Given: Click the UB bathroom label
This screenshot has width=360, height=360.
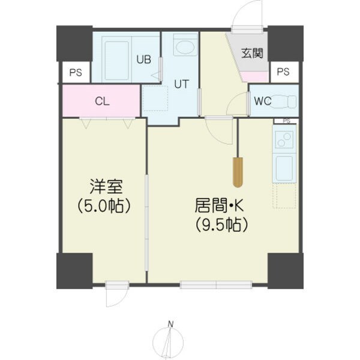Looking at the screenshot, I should (x=143, y=59).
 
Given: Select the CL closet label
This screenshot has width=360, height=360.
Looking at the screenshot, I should (x=102, y=101).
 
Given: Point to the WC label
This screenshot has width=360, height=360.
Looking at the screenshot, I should (x=262, y=101).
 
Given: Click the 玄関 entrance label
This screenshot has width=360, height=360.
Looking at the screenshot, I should (x=253, y=53).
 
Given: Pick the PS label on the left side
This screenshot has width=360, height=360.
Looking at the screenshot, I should (x=75, y=73).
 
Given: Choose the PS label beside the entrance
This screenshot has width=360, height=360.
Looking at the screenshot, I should (x=283, y=72).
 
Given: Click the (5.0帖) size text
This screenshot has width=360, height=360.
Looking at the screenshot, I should (x=104, y=206).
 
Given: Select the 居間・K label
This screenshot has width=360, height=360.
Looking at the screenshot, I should (x=220, y=205).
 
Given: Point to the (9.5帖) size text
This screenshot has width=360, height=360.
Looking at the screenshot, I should (x=221, y=225).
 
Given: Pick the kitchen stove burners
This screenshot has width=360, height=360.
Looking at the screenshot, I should (x=283, y=140).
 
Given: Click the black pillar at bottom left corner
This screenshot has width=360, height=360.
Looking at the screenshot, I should (x=74, y=271).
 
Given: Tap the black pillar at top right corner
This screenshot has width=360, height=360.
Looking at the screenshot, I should (x=285, y=43).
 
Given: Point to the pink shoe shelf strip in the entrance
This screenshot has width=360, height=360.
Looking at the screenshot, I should (x=254, y=76).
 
